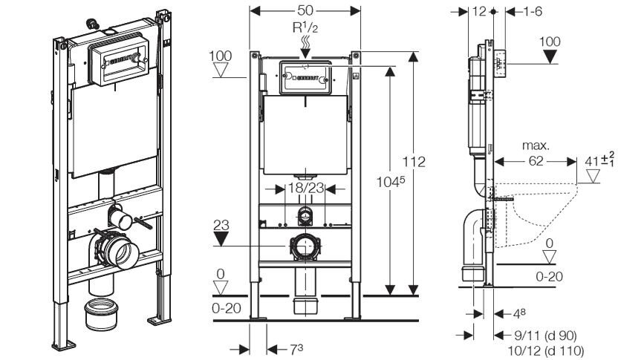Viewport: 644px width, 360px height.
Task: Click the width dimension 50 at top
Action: (305, 12)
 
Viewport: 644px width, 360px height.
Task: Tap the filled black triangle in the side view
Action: (550, 57)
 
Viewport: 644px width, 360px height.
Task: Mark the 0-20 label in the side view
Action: (550, 276)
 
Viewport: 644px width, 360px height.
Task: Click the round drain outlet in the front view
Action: (303, 245)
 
